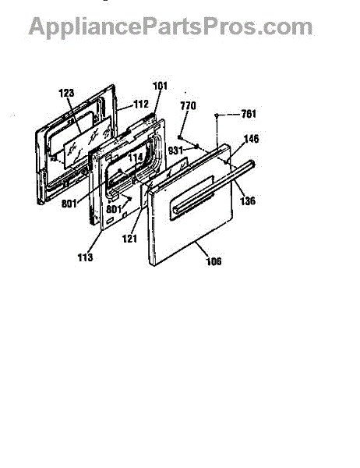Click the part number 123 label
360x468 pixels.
[66, 93]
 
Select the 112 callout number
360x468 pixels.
[141, 104]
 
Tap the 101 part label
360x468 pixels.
[161, 86]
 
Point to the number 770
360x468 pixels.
[189, 105]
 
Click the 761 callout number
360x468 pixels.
[249, 114]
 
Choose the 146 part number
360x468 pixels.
[252, 139]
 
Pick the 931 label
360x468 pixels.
[175, 150]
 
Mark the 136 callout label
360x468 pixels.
[248, 200]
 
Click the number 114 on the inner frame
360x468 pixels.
[136, 158]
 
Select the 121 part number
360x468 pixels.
[130, 239]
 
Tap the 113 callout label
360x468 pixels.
[85, 257]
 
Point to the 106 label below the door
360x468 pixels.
[214, 261]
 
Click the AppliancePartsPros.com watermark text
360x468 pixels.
[171, 27]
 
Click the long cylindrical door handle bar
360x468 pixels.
[214, 186]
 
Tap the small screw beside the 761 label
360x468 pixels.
[217, 115]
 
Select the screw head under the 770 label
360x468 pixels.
[179, 137]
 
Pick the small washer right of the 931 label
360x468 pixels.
[196, 146]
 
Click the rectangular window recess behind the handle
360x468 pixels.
[192, 198]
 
